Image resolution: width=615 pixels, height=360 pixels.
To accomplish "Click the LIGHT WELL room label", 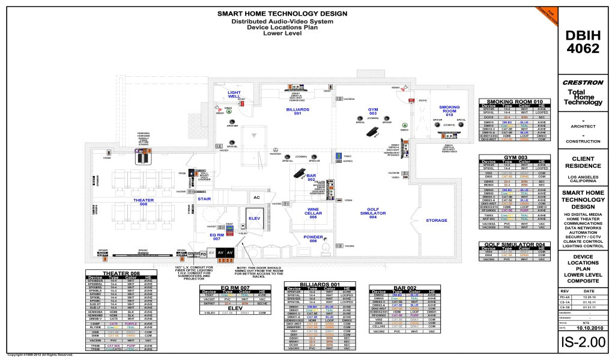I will [x=234, y=95].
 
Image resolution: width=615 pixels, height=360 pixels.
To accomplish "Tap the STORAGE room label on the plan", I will [x=437, y=220].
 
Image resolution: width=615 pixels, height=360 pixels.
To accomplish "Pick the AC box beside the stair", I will [x=256, y=197].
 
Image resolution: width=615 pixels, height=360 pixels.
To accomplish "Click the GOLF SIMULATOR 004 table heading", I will [x=514, y=244].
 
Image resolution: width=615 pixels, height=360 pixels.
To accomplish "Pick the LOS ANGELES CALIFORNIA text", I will [x=583, y=179].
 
